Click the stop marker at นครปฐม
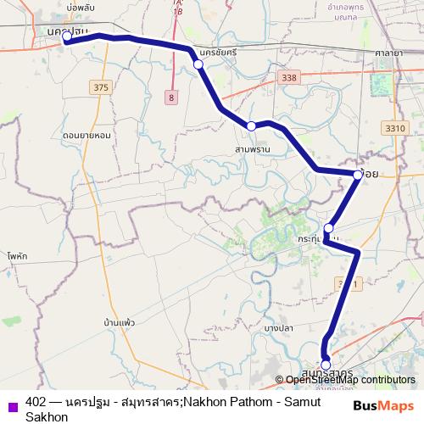pos(67,36)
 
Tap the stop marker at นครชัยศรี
pos(198,64)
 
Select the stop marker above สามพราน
pos(252,126)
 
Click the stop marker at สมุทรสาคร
pos(326,365)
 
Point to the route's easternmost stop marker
pos(357,176)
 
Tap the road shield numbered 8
pos(172,98)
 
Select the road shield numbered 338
pos(292,77)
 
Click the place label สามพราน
pos(253,148)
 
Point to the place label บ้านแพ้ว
pos(120,323)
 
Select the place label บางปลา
pos(278,327)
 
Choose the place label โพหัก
pos(16,254)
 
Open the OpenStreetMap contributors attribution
pos(349,380)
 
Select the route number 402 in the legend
pos(36,402)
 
